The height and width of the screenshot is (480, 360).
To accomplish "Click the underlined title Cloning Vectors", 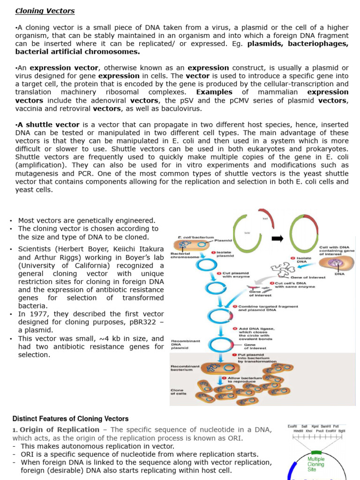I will [x=45, y=11].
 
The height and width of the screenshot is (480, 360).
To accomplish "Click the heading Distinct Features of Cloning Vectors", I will [x=70, y=419].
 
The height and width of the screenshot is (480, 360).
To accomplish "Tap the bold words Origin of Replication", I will [x=60, y=429].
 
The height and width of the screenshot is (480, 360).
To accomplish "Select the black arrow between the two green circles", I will [x=277, y=239].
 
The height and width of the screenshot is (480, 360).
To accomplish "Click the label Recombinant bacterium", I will [x=185, y=367].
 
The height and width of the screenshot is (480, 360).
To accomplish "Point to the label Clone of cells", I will [x=178, y=391].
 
